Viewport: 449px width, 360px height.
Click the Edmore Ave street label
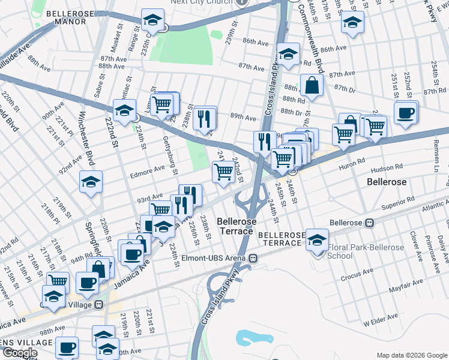coord(146,169)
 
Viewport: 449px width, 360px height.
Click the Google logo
coord(20,353)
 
